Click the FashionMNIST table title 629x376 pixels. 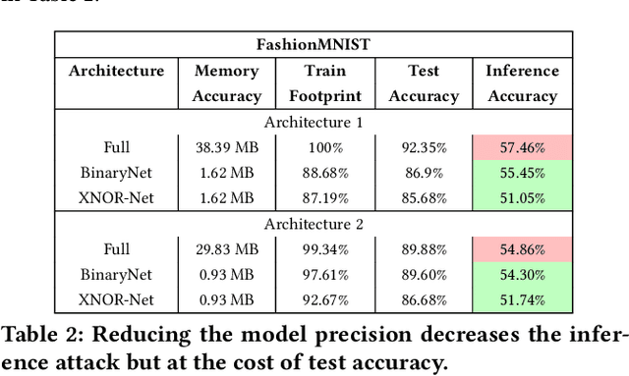314,45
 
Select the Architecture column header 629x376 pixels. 116,71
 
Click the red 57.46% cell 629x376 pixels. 522,147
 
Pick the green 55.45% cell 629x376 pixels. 522,173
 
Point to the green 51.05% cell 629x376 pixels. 522,198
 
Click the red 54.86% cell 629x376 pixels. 522,249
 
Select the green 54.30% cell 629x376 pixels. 522,275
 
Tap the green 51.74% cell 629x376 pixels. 522,300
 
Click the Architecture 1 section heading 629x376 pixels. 314,122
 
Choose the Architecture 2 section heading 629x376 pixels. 314,224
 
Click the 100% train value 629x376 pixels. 323,147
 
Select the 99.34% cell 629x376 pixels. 323,249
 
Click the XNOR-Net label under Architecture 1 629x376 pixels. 116,198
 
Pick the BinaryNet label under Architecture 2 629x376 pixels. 116,275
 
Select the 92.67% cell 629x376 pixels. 323,300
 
